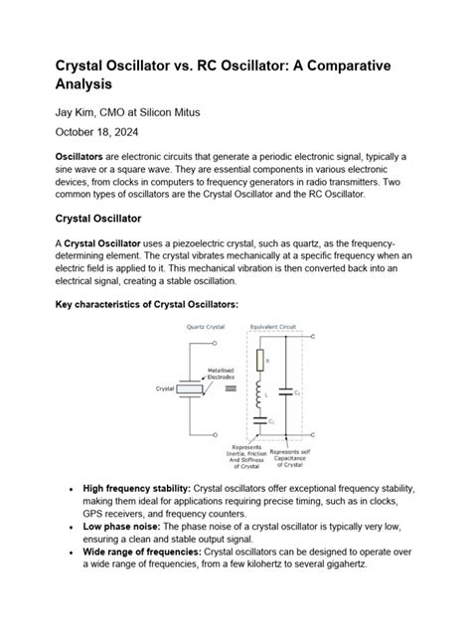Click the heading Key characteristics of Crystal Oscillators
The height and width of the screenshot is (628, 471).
point(145,307)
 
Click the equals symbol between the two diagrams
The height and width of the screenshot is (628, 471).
point(231,390)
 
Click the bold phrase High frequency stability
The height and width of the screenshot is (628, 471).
point(136,489)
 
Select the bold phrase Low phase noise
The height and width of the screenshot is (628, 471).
point(122,526)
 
